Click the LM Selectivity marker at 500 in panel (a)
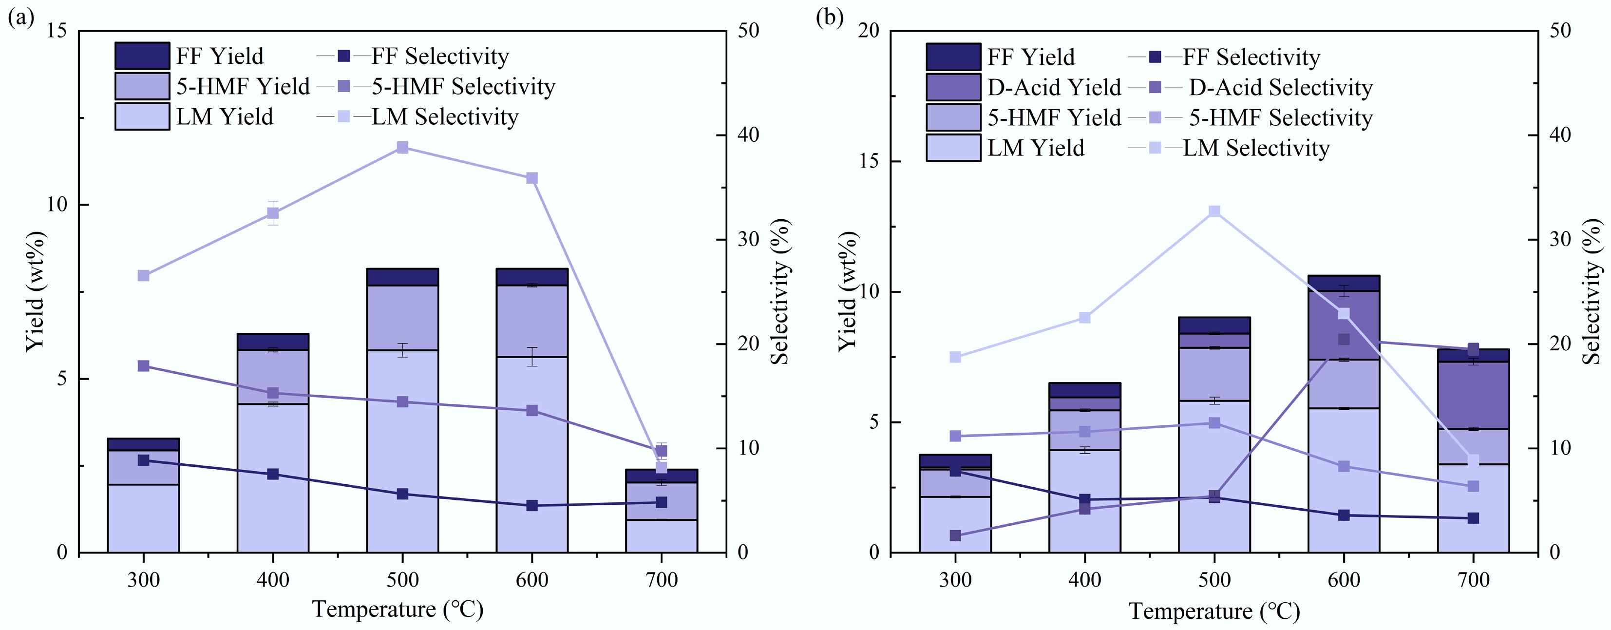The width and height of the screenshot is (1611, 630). coord(402,148)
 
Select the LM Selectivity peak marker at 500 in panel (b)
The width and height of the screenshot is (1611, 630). coord(1214,211)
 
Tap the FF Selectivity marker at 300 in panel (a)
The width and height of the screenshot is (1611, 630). coord(143,460)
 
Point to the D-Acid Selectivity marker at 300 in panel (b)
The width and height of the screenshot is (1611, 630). coord(955,535)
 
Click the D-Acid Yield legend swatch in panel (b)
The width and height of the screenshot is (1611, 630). coord(952,87)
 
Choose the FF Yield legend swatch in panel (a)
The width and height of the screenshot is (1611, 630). coord(142,56)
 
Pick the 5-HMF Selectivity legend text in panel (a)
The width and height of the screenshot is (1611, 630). coord(463,86)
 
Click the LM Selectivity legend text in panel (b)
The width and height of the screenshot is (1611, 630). coord(1256,148)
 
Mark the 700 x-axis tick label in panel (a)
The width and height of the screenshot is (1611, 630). coord(661,580)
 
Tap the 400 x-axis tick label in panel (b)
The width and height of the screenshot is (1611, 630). coord(1084,580)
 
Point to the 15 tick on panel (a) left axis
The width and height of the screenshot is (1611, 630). coord(57,31)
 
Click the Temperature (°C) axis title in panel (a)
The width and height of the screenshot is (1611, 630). coord(398,609)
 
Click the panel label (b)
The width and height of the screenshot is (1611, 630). coord(830,17)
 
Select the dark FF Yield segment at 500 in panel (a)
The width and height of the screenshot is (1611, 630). coord(402,277)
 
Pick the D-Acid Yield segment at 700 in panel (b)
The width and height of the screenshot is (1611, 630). coord(1473,395)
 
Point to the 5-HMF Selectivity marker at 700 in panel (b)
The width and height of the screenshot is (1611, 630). coord(1473,486)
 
